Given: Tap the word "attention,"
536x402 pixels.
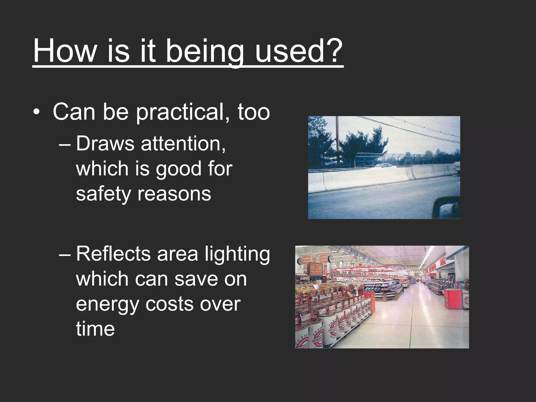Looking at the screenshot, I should coord(183,144).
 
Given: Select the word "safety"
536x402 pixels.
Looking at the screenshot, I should coord(103,194).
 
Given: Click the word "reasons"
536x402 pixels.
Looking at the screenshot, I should coord(174,194).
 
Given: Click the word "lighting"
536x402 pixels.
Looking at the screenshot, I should coord(237,255).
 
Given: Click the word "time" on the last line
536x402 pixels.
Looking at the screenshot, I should coord(95,329).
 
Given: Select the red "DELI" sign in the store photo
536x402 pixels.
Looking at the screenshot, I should coord(442,262).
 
